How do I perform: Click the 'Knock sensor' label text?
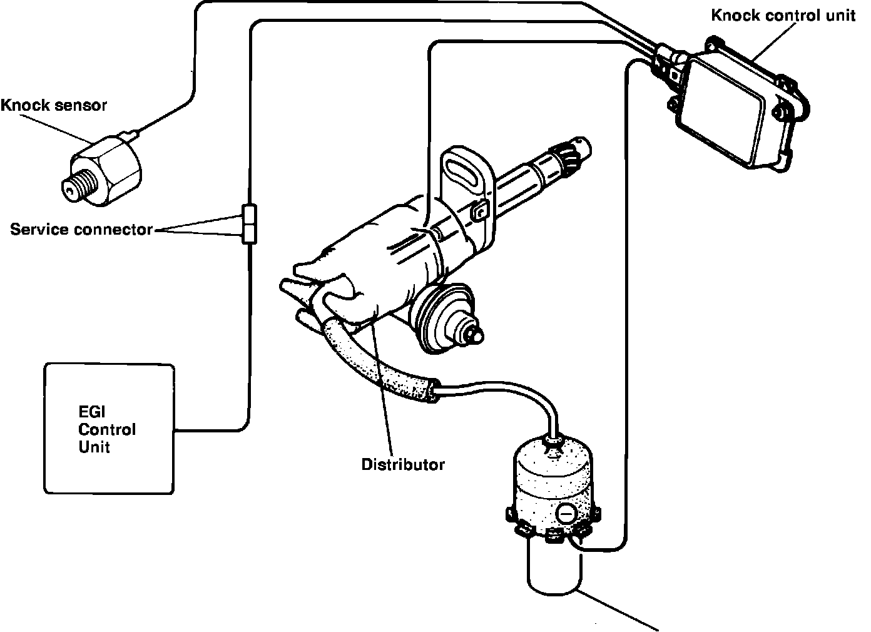pos(53,105)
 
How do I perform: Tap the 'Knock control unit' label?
pos(782,15)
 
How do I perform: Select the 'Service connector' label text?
pos(81,230)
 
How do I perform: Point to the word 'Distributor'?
pos(403,465)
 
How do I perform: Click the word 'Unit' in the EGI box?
pos(94,447)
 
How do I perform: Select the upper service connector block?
pos(248,215)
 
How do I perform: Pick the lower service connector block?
pos(248,234)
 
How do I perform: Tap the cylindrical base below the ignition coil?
pos(556,566)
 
